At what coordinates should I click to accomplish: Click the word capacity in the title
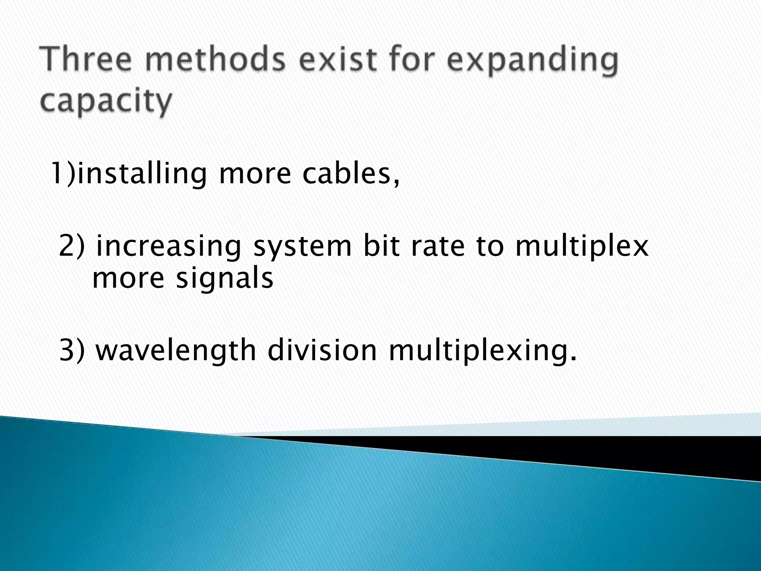pyautogui.click(x=106, y=101)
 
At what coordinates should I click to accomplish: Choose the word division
pyautogui.click(x=322, y=350)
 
